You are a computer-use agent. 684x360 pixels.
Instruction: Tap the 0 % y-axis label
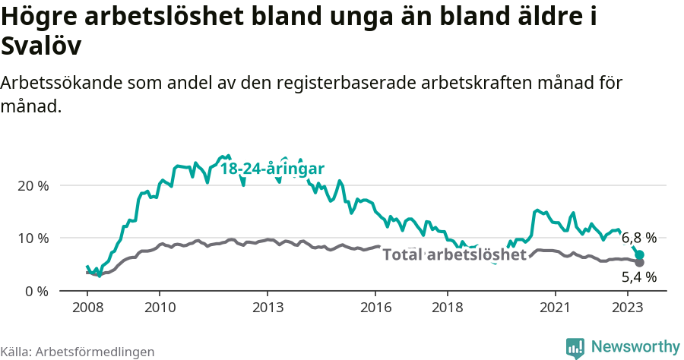click(36, 292)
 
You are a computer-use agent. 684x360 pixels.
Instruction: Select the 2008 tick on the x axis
click(87, 308)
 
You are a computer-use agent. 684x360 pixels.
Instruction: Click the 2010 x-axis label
click(160, 308)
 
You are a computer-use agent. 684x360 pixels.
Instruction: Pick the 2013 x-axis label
click(268, 308)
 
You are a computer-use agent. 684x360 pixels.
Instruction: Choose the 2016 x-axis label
click(375, 308)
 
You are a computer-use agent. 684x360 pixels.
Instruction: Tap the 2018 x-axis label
click(448, 308)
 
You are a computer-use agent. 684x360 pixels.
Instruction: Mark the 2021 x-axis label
click(556, 308)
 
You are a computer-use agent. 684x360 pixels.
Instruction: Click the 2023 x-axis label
click(628, 308)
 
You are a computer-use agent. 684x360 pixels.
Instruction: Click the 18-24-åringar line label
click(273, 169)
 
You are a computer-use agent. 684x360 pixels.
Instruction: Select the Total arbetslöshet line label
click(454, 254)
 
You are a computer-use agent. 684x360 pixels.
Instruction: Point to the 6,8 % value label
click(639, 238)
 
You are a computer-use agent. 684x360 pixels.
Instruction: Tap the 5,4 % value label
click(639, 277)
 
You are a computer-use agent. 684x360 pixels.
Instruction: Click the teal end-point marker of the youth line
click(640, 255)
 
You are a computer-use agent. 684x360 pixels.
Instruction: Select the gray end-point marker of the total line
click(640, 263)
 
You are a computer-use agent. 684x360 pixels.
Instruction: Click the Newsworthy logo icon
click(575, 348)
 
